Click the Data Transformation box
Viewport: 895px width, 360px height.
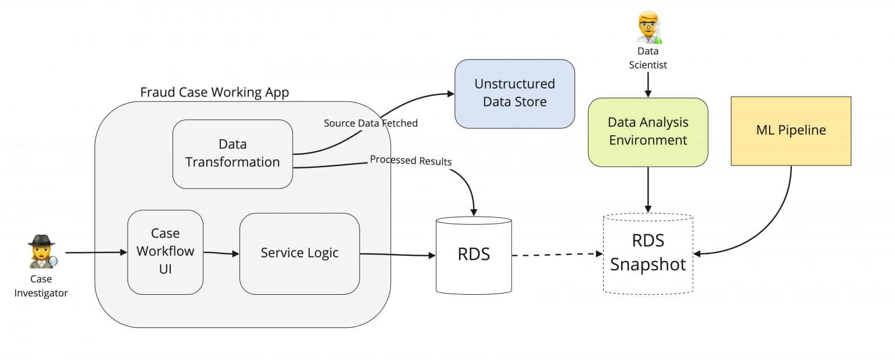pos(232,154)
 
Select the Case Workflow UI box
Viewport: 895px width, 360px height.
pos(165,252)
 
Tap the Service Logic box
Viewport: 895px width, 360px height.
pos(299,253)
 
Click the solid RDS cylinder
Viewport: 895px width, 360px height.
pos(474,255)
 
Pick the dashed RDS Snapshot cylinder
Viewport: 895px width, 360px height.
pos(648,253)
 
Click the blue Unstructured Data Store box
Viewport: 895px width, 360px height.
pos(515,93)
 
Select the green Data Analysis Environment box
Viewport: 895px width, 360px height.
pos(648,132)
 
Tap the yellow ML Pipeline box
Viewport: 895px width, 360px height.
pos(791,130)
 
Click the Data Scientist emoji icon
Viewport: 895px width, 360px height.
pos(649,29)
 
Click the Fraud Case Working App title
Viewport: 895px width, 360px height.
pos(214,93)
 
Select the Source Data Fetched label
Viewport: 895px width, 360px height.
pos(371,123)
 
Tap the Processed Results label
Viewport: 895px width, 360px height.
pos(410,161)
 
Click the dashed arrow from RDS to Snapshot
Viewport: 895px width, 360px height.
pos(556,254)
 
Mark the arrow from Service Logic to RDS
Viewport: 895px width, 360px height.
pos(396,255)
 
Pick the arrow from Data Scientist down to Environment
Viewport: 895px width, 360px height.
pos(648,84)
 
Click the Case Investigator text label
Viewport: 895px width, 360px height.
pos(41,286)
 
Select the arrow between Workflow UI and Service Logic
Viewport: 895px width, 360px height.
pos(221,253)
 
